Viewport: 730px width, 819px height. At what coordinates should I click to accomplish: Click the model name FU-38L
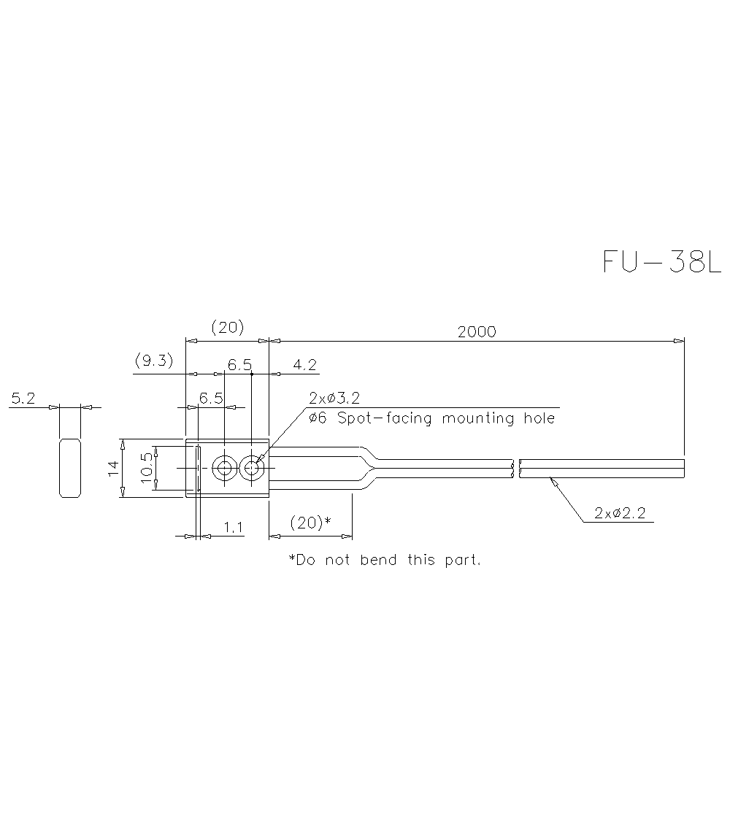click(x=661, y=261)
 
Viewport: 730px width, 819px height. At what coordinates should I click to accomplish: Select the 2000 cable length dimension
click(x=477, y=331)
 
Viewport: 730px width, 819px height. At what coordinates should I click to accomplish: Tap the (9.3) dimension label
click(x=154, y=361)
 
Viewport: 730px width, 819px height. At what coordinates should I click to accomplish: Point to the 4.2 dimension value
click(x=305, y=364)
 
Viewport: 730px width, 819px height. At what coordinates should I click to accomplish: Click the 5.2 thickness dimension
click(x=23, y=399)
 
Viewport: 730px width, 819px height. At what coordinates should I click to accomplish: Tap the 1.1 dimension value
click(x=233, y=528)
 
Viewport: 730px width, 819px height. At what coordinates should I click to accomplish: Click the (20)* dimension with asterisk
click(x=310, y=523)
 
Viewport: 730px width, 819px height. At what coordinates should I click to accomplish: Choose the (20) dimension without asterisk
click(x=227, y=327)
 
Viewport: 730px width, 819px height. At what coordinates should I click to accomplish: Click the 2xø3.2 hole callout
click(x=334, y=399)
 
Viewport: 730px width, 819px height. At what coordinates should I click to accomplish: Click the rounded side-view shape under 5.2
click(x=69, y=468)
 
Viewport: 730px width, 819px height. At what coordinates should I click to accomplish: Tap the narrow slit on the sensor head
click(x=198, y=468)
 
